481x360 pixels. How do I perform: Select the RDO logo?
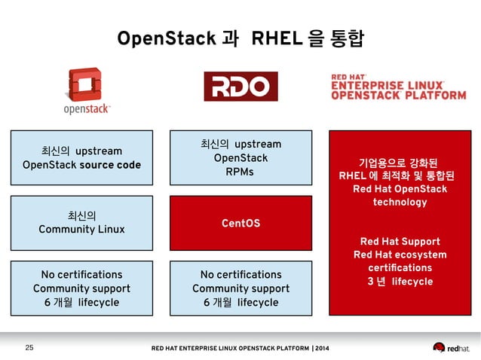click(240, 87)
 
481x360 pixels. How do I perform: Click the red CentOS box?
click(240, 224)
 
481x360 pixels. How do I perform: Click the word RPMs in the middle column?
click(240, 172)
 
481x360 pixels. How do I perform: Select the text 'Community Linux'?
click(81, 229)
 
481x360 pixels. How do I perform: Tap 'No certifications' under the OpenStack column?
click(81, 275)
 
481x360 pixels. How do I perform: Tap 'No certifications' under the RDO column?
click(240, 275)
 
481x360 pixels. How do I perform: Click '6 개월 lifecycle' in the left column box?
click(81, 302)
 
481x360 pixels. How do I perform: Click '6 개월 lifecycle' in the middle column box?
click(240, 302)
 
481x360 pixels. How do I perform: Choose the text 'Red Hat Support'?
click(400, 241)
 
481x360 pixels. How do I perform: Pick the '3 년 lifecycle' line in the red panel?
click(400, 282)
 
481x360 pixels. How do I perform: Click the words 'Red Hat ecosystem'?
click(400, 255)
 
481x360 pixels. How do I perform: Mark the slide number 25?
click(30, 347)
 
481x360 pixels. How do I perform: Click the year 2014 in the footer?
click(320, 348)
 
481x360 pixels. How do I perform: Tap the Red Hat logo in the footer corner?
click(451, 347)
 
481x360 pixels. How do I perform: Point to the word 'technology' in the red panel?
click(400, 202)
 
